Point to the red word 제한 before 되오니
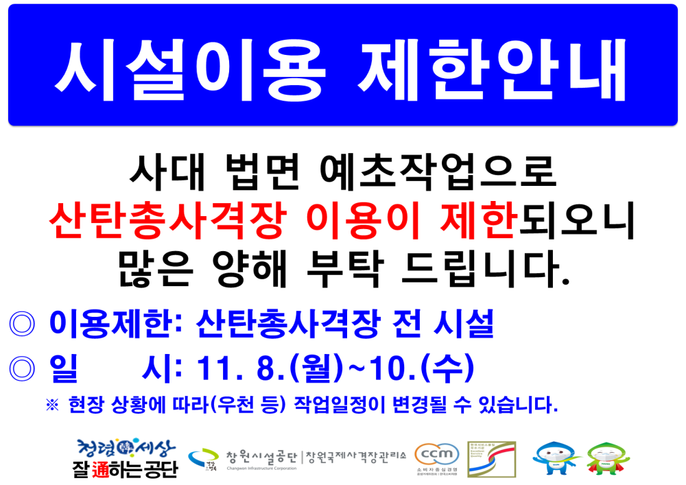(x=476, y=221)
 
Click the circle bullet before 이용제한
(x=22, y=324)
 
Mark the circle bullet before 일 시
(x=22, y=370)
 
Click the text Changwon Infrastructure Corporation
(x=261, y=469)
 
